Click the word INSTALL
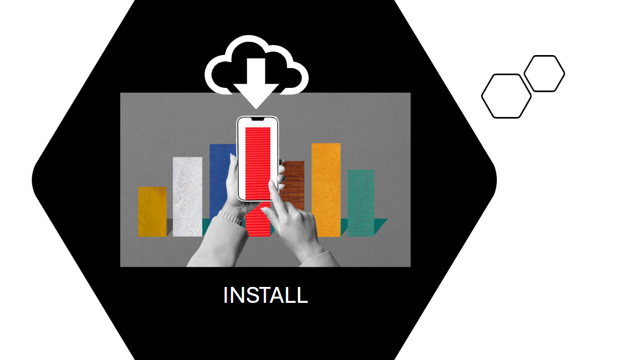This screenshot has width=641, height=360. (x=265, y=295)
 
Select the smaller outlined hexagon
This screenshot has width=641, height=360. (x=544, y=74)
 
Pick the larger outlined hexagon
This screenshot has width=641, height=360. (x=506, y=96)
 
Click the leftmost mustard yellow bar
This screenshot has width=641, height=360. (x=152, y=212)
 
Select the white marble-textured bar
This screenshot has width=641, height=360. (x=188, y=197)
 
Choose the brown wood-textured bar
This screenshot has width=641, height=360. (x=293, y=183)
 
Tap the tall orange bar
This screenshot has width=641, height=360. (x=326, y=190)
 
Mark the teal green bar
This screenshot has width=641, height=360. (x=361, y=203)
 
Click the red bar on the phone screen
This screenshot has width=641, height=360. (x=257, y=164)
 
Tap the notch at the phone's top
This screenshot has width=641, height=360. (x=257, y=119)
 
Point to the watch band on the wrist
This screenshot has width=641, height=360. (x=230, y=217)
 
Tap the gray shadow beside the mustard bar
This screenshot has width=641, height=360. (x=170, y=227)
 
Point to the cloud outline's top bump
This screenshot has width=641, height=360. (x=248, y=38)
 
